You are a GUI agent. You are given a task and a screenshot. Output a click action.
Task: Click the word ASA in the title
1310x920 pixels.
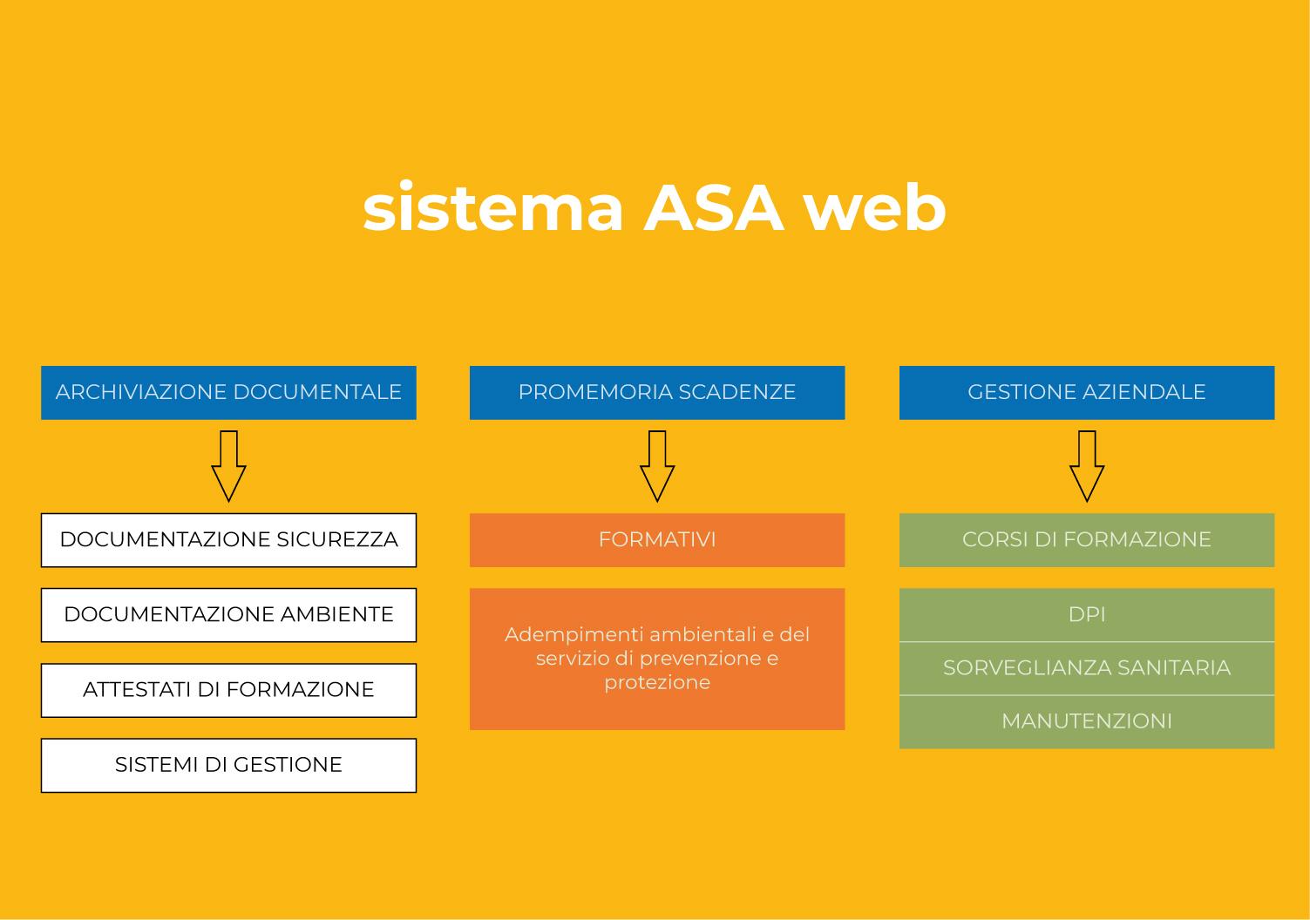714,208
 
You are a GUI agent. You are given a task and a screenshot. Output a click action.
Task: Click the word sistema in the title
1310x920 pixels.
493,208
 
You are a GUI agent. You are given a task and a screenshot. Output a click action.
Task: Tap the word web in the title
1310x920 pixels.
874,208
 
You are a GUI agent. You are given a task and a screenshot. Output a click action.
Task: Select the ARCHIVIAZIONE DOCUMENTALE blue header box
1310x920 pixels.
228,392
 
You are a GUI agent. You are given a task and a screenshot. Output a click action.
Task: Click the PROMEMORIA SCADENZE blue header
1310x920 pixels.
657,392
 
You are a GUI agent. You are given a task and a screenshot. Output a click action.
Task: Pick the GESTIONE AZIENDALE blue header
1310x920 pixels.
1086,392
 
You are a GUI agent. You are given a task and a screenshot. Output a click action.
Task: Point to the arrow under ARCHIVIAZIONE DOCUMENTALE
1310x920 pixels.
228,466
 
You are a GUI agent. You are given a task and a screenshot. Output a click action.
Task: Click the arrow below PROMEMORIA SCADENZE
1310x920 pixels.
657,466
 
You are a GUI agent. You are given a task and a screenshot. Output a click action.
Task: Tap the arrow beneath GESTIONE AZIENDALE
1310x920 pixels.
1087,466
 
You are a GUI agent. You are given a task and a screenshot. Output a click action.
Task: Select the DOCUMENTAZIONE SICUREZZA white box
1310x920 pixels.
228,539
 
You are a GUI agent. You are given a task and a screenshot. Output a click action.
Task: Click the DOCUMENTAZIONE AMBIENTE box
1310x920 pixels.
228,614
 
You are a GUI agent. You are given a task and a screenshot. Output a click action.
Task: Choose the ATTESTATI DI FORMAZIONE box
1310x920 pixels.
228,689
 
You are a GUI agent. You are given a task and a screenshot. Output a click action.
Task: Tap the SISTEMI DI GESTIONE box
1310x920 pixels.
228,765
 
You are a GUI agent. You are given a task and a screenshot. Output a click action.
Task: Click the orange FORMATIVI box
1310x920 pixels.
657,539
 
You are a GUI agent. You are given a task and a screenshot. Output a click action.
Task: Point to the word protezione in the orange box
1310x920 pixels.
657,682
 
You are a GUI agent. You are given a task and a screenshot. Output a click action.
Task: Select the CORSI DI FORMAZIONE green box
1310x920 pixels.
1086,539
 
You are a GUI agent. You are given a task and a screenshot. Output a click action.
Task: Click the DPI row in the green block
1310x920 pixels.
1086,614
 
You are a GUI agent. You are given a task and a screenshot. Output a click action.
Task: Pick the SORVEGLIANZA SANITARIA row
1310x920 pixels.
1086,668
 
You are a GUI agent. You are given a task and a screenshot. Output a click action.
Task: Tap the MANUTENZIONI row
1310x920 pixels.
1086,721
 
